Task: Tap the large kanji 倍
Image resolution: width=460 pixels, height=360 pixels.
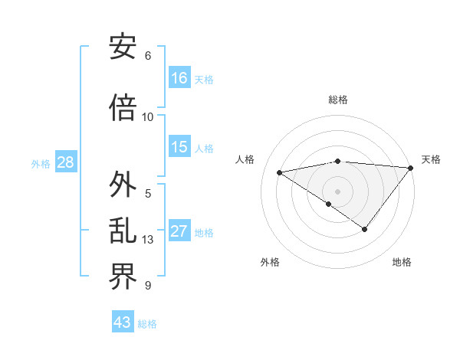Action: tap(123, 108)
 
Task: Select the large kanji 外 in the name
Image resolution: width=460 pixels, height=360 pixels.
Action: tap(123, 185)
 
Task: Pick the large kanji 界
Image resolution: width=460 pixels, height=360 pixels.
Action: tap(123, 277)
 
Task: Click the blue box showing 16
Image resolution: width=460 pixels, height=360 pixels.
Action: tap(179, 77)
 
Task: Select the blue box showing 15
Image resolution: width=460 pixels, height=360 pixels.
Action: tap(179, 147)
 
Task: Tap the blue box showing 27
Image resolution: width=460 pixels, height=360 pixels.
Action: tap(179, 231)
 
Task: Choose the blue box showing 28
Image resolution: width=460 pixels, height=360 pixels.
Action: tap(65, 162)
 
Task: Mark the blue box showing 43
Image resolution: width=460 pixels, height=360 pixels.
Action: tap(123, 322)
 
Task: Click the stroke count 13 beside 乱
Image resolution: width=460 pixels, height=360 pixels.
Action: tap(148, 240)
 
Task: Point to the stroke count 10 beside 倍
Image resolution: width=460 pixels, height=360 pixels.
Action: tap(148, 117)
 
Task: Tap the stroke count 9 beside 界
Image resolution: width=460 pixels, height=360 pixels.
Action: tap(148, 286)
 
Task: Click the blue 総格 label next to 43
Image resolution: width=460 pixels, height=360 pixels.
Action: tap(148, 324)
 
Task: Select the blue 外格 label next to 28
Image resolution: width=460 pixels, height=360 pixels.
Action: tap(41, 163)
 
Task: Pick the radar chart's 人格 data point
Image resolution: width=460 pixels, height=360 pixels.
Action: tap(279, 172)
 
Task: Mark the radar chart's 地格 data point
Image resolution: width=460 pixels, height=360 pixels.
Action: tap(365, 229)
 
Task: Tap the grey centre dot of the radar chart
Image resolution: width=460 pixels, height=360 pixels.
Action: tap(337, 191)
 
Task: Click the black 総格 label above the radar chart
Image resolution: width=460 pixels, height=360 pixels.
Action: tap(338, 100)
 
